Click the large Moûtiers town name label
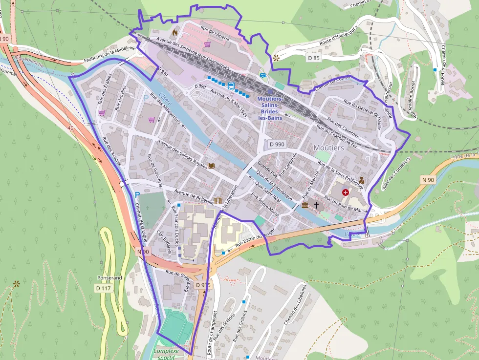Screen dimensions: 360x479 pyautogui.click(x=329, y=148)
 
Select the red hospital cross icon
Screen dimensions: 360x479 pyautogui.click(x=346, y=193)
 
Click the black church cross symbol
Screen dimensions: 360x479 pyautogui.click(x=316, y=205)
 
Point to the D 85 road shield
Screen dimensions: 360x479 pyautogui.click(x=313, y=58)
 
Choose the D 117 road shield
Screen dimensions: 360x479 pyautogui.click(x=103, y=289)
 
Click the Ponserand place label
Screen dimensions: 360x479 pyautogui.click(x=109, y=278)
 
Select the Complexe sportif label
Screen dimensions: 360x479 pyautogui.click(x=166, y=354)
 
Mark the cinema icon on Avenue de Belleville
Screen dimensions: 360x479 pyautogui.click(x=218, y=201)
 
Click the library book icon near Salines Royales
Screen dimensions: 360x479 pyautogui.click(x=211, y=166)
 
